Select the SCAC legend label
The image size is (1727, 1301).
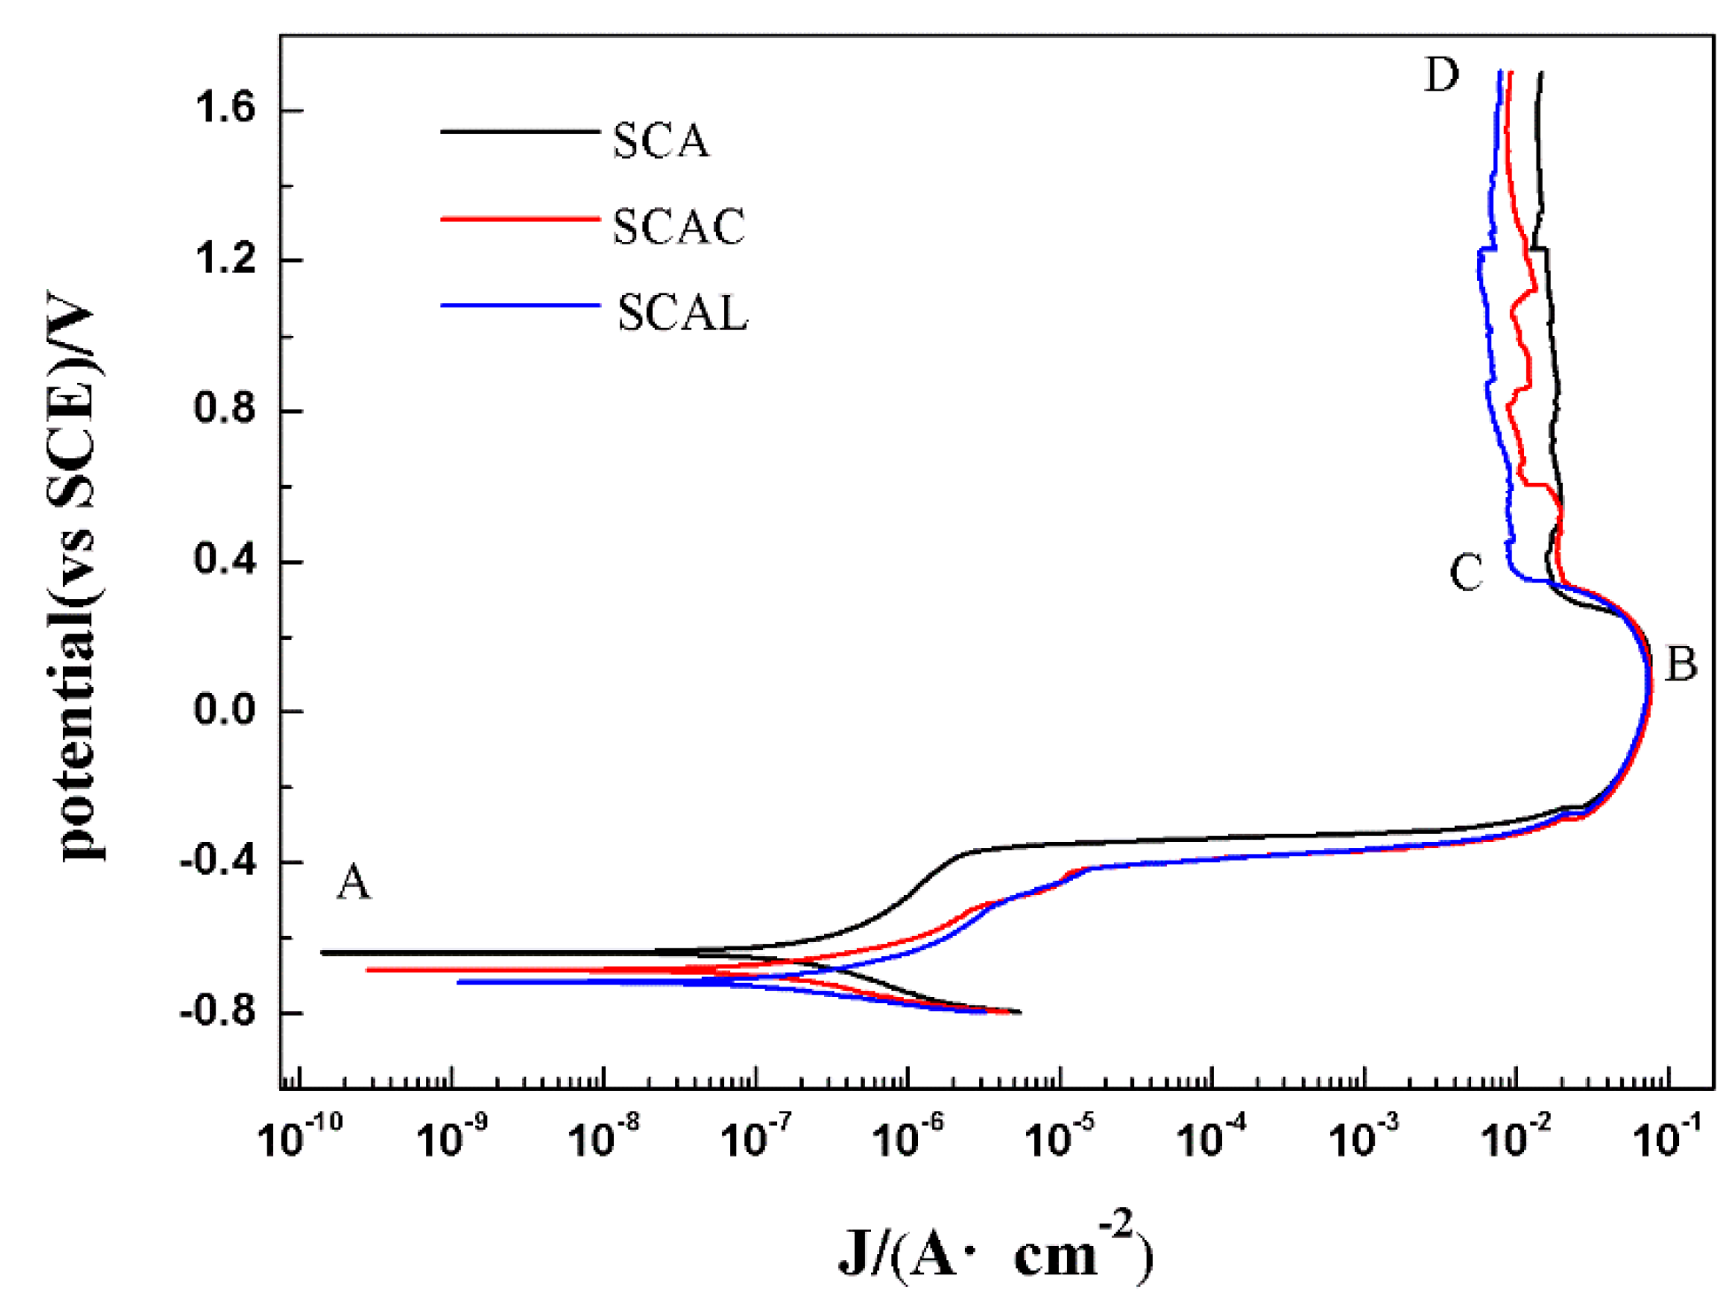click(679, 228)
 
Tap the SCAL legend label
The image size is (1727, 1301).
click(682, 314)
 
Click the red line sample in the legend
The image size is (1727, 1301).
click(520, 218)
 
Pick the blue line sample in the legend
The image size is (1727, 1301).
click(520, 306)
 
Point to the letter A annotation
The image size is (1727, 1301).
click(354, 883)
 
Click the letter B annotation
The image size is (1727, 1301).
click(1681, 665)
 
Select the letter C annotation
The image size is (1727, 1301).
click(1466, 573)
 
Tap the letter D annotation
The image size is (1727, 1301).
click(1442, 75)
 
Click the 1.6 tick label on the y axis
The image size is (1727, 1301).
click(224, 109)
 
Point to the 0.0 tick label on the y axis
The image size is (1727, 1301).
click(224, 711)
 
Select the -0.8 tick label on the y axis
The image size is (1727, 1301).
click(217, 1011)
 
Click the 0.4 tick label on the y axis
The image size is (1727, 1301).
click(224, 560)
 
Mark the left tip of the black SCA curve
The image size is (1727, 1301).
click(322, 953)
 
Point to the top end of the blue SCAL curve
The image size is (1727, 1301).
click(1499, 72)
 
